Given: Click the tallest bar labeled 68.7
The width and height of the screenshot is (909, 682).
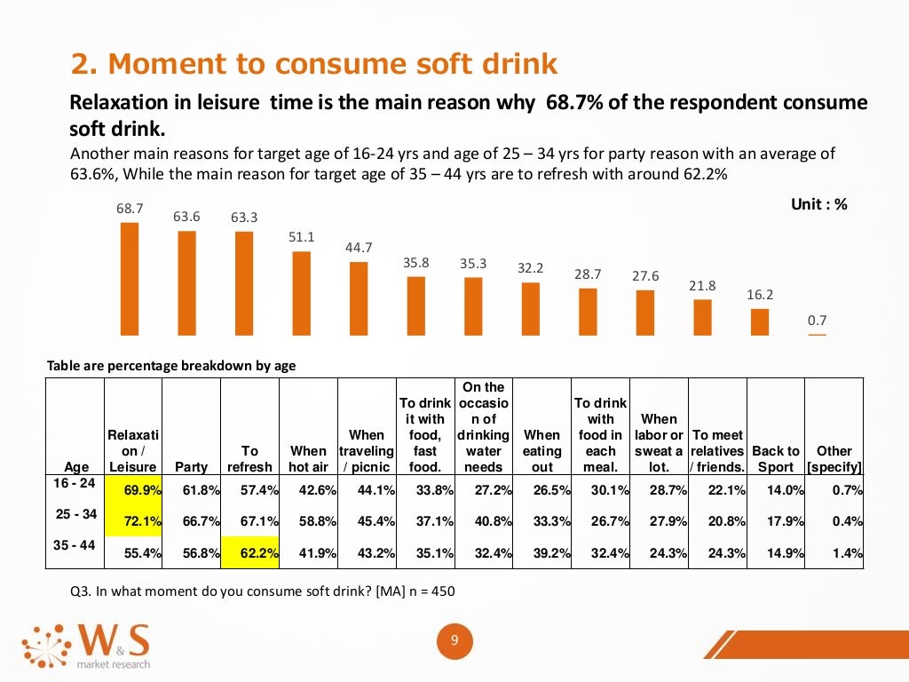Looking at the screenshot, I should click(130, 278).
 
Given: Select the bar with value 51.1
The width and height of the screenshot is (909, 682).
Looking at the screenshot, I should click(302, 293).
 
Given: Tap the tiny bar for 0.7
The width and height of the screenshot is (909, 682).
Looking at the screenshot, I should click(817, 334).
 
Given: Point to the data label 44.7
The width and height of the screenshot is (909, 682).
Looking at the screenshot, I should click(359, 248).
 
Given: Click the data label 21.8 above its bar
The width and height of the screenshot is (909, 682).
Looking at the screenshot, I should click(702, 286).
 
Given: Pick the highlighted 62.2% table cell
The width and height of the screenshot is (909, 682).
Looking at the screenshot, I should click(250, 553).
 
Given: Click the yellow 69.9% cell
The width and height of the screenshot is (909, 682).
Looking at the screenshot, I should click(133, 488).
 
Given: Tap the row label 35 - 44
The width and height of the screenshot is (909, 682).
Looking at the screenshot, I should click(75, 545).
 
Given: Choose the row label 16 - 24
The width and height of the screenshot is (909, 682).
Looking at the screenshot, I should click(75, 482).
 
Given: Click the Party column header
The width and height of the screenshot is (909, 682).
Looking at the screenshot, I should click(192, 466).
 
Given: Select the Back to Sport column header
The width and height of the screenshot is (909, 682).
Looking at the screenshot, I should click(776, 458).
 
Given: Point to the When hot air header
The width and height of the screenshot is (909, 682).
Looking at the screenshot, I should click(309, 458).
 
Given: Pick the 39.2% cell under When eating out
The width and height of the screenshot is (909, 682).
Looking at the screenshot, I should click(542, 553).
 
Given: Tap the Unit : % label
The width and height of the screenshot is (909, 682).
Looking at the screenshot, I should click(818, 204).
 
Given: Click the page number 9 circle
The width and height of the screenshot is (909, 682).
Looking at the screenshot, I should click(454, 642).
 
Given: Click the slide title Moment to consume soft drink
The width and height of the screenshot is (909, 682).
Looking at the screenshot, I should click(314, 64).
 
